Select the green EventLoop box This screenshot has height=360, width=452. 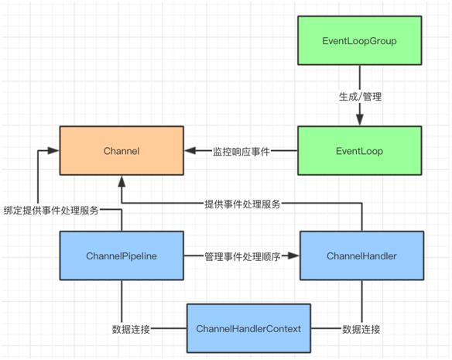pyautogui.click(x=359, y=152)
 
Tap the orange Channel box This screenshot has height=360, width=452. pyautogui.click(x=122, y=152)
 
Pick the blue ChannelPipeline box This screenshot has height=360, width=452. pyautogui.click(x=122, y=255)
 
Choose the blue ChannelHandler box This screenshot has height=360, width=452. pyautogui.click(x=361, y=255)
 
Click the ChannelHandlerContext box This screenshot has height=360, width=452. pyautogui.click(x=248, y=329)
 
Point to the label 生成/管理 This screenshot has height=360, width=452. pyautogui.click(x=359, y=97)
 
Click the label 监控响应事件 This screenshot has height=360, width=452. pyautogui.click(x=241, y=152)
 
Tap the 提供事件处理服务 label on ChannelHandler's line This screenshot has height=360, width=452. pyautogui.click(x=241, y=204)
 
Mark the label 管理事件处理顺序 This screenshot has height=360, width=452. pyautogui.click(x=241, y=255)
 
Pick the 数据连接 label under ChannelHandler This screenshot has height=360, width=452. pyautogui.click(x=361, y=329)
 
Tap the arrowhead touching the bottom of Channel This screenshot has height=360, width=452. pyautogui.click(x=122, y=181)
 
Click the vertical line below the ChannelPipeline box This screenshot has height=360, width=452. pyautogui.click(x=122, y=298)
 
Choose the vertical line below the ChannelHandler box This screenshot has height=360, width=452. pyautogui.click(x=361, y=298)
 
